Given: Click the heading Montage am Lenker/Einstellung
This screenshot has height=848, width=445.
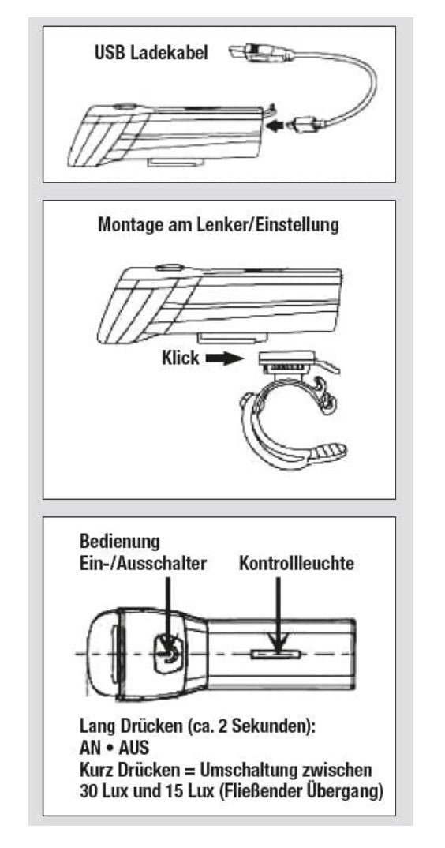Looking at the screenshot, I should tap(219, 224).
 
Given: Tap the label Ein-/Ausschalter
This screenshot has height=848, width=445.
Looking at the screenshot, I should tap(143, 563).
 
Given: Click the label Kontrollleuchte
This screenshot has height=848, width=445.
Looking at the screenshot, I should tap(296, 563).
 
